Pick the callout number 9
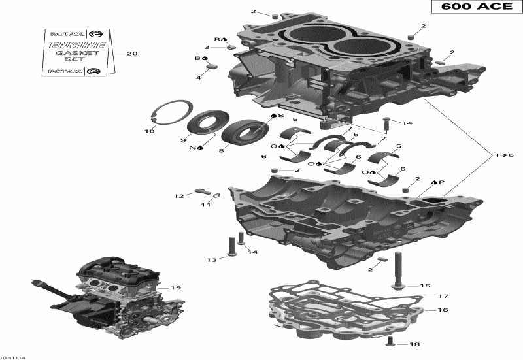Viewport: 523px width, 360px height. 184,140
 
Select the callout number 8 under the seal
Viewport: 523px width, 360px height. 221,151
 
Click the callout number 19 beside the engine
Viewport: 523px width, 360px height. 175,288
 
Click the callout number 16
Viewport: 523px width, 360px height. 443,310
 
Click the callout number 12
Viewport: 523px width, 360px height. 177,195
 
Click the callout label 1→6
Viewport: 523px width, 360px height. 504,155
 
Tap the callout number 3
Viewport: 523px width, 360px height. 207,47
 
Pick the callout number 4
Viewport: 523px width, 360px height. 198,78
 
